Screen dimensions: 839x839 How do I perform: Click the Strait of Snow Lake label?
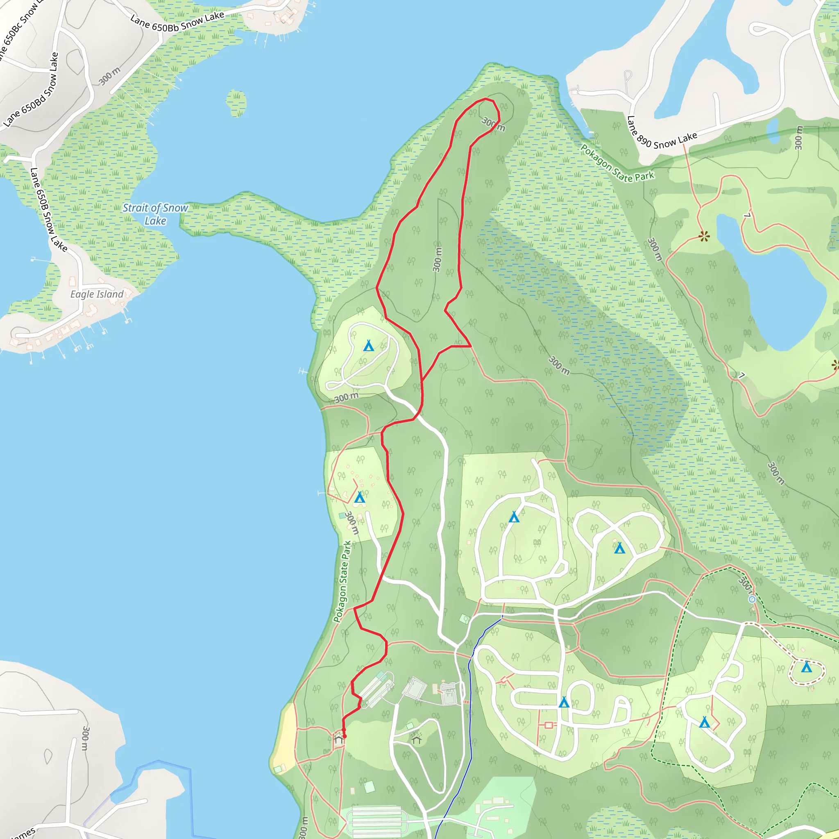(155, 214)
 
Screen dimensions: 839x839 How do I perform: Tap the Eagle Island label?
(97, 294)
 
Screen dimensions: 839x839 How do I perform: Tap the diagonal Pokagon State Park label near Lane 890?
(617, 164)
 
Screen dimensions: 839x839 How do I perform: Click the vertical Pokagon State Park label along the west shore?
(342, 581)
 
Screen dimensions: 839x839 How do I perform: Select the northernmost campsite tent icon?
(368, 346)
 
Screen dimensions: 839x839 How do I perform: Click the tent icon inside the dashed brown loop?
(806, 667)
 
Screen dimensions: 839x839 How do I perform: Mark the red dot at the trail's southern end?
(345, 736)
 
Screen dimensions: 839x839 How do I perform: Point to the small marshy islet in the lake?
(236, 103)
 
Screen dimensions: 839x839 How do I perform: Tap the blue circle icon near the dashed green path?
(752, 599)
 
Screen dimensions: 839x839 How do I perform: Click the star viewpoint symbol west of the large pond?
(704, 237)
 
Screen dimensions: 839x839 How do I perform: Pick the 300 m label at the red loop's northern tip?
(493, 124)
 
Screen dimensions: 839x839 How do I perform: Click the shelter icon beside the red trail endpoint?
(338, 739)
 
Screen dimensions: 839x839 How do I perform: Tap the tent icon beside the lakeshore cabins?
(359, 498)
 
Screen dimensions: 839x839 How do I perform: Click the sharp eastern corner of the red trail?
(471, 346)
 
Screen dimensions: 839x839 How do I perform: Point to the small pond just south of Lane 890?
(773, 130)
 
